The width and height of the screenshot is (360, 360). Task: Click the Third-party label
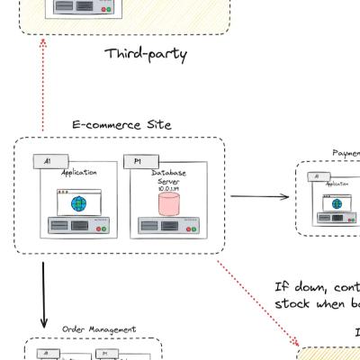pyautogui.click(x=146, y=54)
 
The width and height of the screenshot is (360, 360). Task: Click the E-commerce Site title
pyautogui.click(x=121, y=124)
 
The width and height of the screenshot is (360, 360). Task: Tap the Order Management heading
pyautogui.click(x=99, y=329)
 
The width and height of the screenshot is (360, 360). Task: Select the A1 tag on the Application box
pyautogui.click(x=47, y=161)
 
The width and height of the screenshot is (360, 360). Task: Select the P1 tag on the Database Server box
pyautogui.click(x=137, y=161)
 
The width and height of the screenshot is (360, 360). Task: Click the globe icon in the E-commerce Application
pyautogui.click(x=79, y=203)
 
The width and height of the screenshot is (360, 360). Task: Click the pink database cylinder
pyautogui.click(x=169, y=204)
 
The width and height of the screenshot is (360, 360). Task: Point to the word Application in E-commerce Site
pyautogui.click(x=79, y=173)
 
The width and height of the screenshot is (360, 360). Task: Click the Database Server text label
pyautogui.click(x=169, y=176)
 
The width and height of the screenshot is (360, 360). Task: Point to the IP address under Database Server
pyautogui.click(x=169, y=189)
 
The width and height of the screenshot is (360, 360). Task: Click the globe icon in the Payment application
pyautogui.click(x=337, y=203)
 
